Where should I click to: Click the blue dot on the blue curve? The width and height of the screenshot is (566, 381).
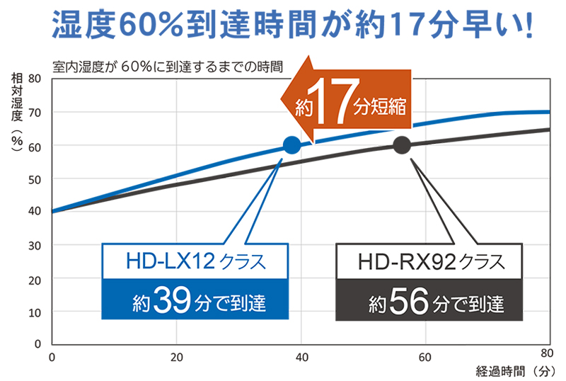coord(291,146)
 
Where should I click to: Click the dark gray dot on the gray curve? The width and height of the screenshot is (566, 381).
coord(402,146)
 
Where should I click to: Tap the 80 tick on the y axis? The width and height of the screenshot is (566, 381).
coord(35,79)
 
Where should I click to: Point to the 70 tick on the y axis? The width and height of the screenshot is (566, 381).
coord(35,113)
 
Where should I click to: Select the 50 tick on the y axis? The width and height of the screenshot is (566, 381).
coord(35,178)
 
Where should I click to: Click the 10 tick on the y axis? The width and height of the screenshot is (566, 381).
coord(35,312)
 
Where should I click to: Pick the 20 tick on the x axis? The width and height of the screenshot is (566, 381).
coord(177,356)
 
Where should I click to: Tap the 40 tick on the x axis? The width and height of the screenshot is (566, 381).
coord(301,356)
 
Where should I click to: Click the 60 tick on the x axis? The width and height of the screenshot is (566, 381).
coord(426,356)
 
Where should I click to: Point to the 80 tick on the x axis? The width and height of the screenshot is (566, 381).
coord(546,353)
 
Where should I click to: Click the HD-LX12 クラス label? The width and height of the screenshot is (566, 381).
coord(196,262)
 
